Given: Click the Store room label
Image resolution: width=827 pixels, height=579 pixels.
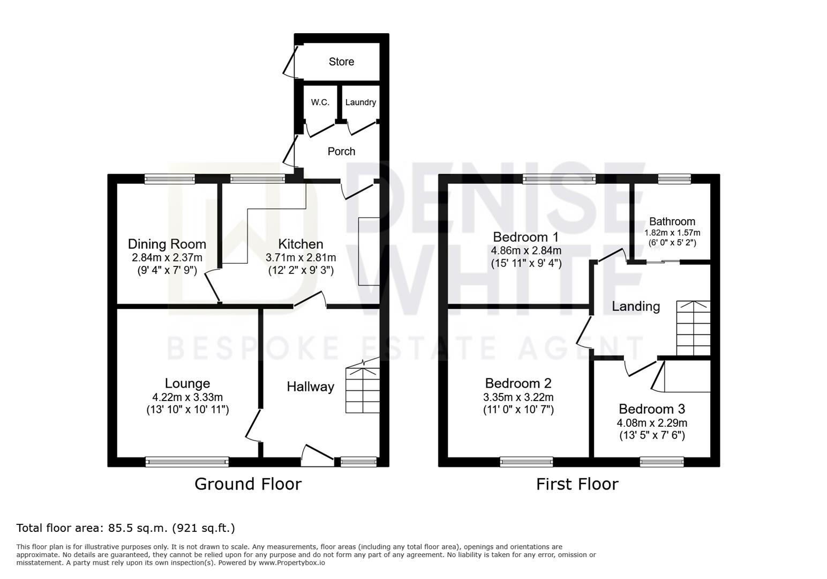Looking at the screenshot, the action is tap(341, 61).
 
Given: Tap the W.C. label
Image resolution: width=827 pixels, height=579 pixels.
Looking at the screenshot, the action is tap(320, 102).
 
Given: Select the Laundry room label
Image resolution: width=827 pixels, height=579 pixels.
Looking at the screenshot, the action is tap(360, 102).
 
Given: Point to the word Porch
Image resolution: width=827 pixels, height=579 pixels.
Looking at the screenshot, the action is tap(341, 151).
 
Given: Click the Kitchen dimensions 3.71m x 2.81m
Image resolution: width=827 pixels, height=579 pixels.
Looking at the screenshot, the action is tap(300, 257).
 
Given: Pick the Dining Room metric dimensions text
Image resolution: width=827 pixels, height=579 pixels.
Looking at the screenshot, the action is tap(167, 257).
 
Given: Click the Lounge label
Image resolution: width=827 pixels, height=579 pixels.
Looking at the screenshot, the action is tap(187, 383).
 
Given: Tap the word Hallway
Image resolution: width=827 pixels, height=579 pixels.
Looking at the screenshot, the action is tap(311, 387).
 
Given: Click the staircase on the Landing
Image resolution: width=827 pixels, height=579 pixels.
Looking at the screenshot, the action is tap(693, 328).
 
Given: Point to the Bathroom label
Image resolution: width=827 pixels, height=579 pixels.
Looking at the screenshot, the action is tap(672, 221).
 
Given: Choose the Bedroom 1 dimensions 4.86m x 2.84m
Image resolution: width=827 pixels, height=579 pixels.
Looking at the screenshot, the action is tap(526, 250).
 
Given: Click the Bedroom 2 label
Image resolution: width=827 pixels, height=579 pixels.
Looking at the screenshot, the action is tap(518, 383).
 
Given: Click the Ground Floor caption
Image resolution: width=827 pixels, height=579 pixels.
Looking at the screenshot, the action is tap(248, 484).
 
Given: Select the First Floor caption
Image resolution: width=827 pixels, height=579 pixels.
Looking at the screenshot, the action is tap(577, 484).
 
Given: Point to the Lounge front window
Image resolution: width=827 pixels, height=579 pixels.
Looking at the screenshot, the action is tap(187, 462).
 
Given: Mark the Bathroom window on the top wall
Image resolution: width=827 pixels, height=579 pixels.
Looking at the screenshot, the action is tap(674, 179).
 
